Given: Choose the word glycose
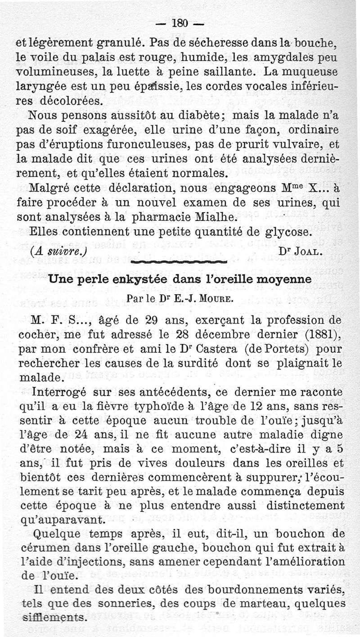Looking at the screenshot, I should pos(288,233).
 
